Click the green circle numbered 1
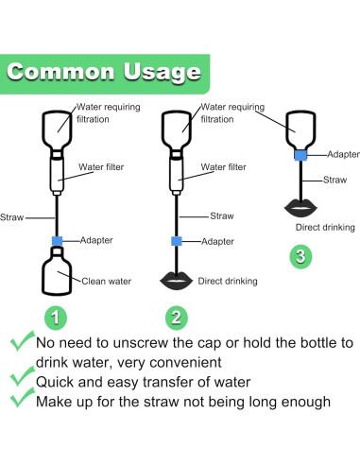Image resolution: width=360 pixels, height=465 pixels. pos(56,318)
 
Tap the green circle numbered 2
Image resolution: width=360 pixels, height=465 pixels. pos(177,318)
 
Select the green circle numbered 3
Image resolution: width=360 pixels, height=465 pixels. pos(300,256)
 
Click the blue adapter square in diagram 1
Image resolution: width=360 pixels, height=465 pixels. pos(57,241)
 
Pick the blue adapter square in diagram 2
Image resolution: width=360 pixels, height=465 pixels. pos(177,241)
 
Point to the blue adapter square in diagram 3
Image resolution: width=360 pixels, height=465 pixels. pos(300,155)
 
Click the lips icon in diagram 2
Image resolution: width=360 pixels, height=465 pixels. pos(177,281)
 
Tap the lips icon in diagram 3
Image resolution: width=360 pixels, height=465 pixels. pos(300,208)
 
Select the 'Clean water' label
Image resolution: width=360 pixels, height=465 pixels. pos(106,281)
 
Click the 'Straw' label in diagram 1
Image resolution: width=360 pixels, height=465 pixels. pos(11,217)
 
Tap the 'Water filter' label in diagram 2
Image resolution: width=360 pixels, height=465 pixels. pos(224,167)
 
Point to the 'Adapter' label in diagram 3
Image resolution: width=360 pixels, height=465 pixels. pos(343,154)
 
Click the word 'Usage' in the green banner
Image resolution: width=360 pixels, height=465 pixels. pos(162,72)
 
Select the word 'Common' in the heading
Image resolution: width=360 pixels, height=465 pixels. pos(60,72)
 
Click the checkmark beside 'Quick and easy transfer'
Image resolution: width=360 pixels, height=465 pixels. pos(22,376)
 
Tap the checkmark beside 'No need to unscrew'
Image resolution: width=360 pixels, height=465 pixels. pos(22,341)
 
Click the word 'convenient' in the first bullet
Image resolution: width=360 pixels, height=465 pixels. pos(185,362)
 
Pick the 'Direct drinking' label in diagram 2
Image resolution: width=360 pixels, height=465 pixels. pos(228,281)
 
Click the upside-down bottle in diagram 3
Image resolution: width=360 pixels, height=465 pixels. pos(300,129)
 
